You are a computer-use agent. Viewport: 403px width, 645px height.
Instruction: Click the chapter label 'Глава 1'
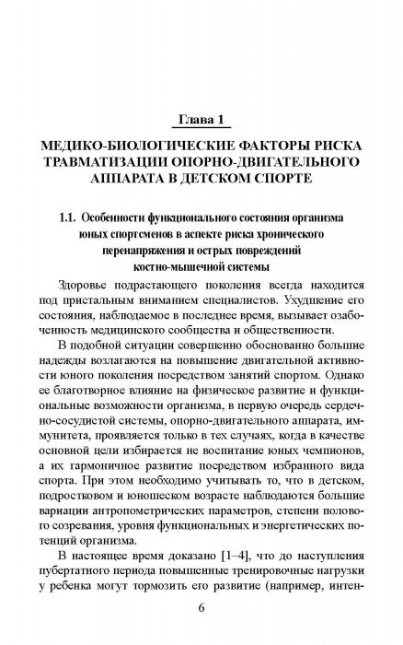tap(201, 119)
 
